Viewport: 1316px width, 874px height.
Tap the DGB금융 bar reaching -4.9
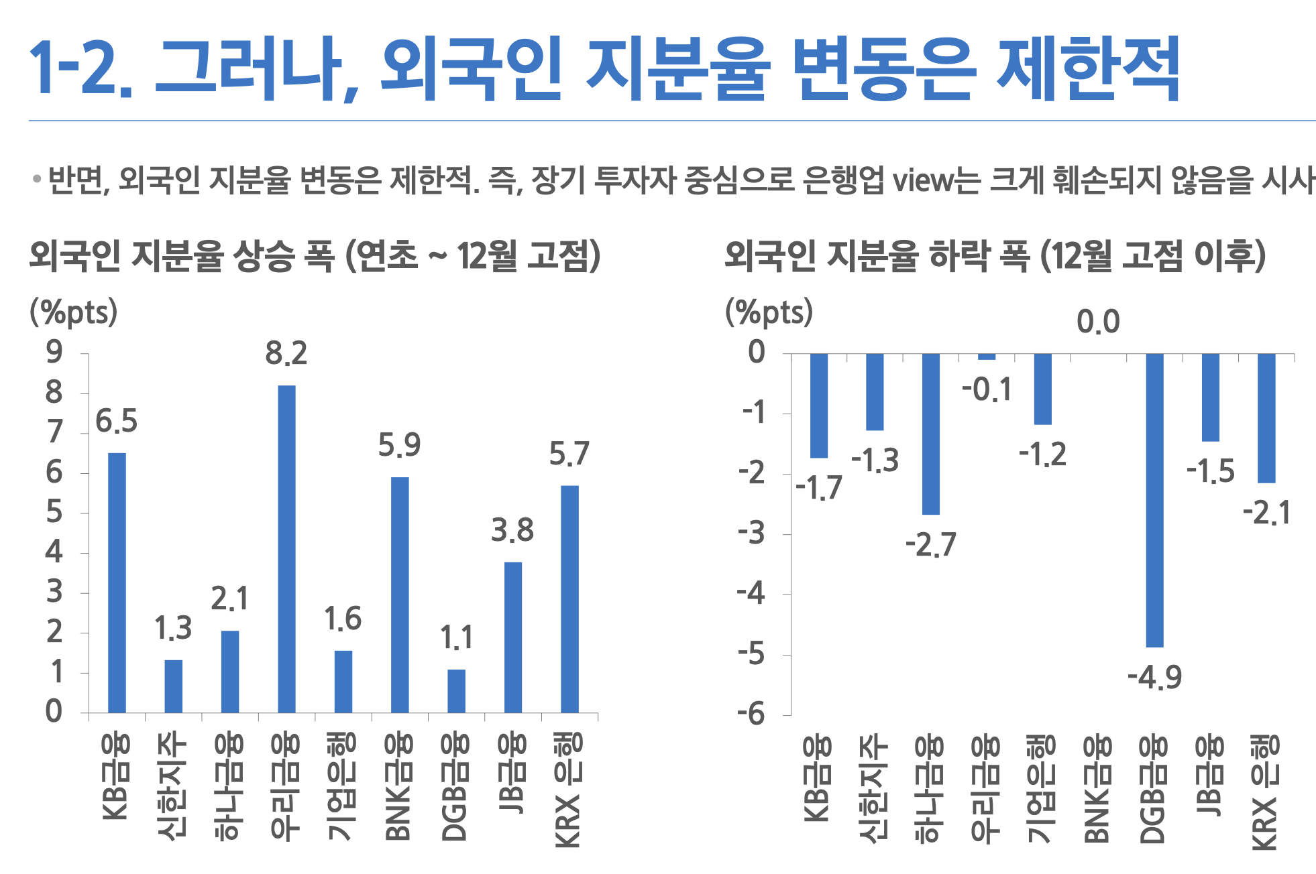pyautogui.click(x=1154, y=500)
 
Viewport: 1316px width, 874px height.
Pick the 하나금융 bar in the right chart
pyautogui.click(x=930, y=434)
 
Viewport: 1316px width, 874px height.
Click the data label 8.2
pyautogui.click(x=286, y=353)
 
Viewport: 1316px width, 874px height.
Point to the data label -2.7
pyautogui.click(x=930, y=545)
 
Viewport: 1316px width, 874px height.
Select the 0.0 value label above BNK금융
pyautogui.click(x=1098, y=322)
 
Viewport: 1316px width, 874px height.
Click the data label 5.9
pyautogui.click(x=399, y=445)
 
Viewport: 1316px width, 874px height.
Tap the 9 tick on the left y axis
pyautogui.click(x=54, y=352)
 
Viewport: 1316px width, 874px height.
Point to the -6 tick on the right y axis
pyautogui.click(x=751, y=714)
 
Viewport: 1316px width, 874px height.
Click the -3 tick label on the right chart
pyautogui.click(x=751, y=534)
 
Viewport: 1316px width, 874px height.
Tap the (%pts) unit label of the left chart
pyautogui.click(x=74, y=312)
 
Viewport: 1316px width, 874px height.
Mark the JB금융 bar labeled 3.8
pyautogui.click(x=512, y=637)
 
